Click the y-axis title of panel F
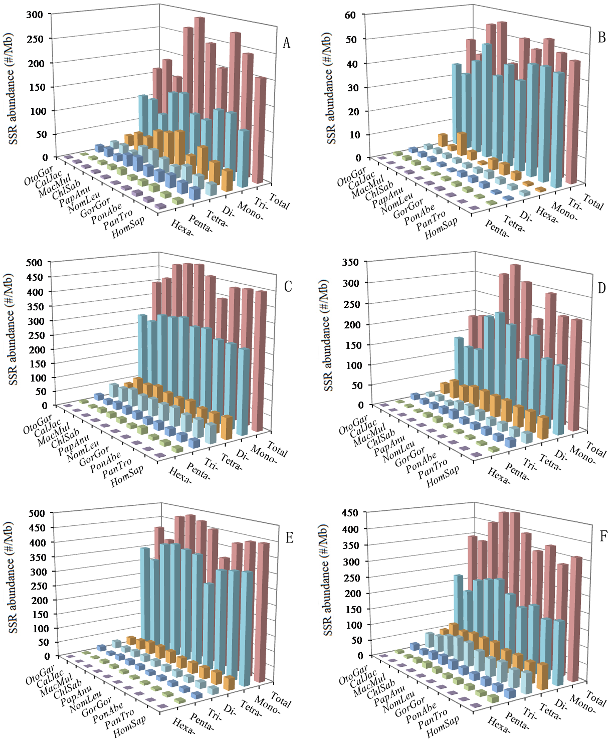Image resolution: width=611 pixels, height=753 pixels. point(327,580)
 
